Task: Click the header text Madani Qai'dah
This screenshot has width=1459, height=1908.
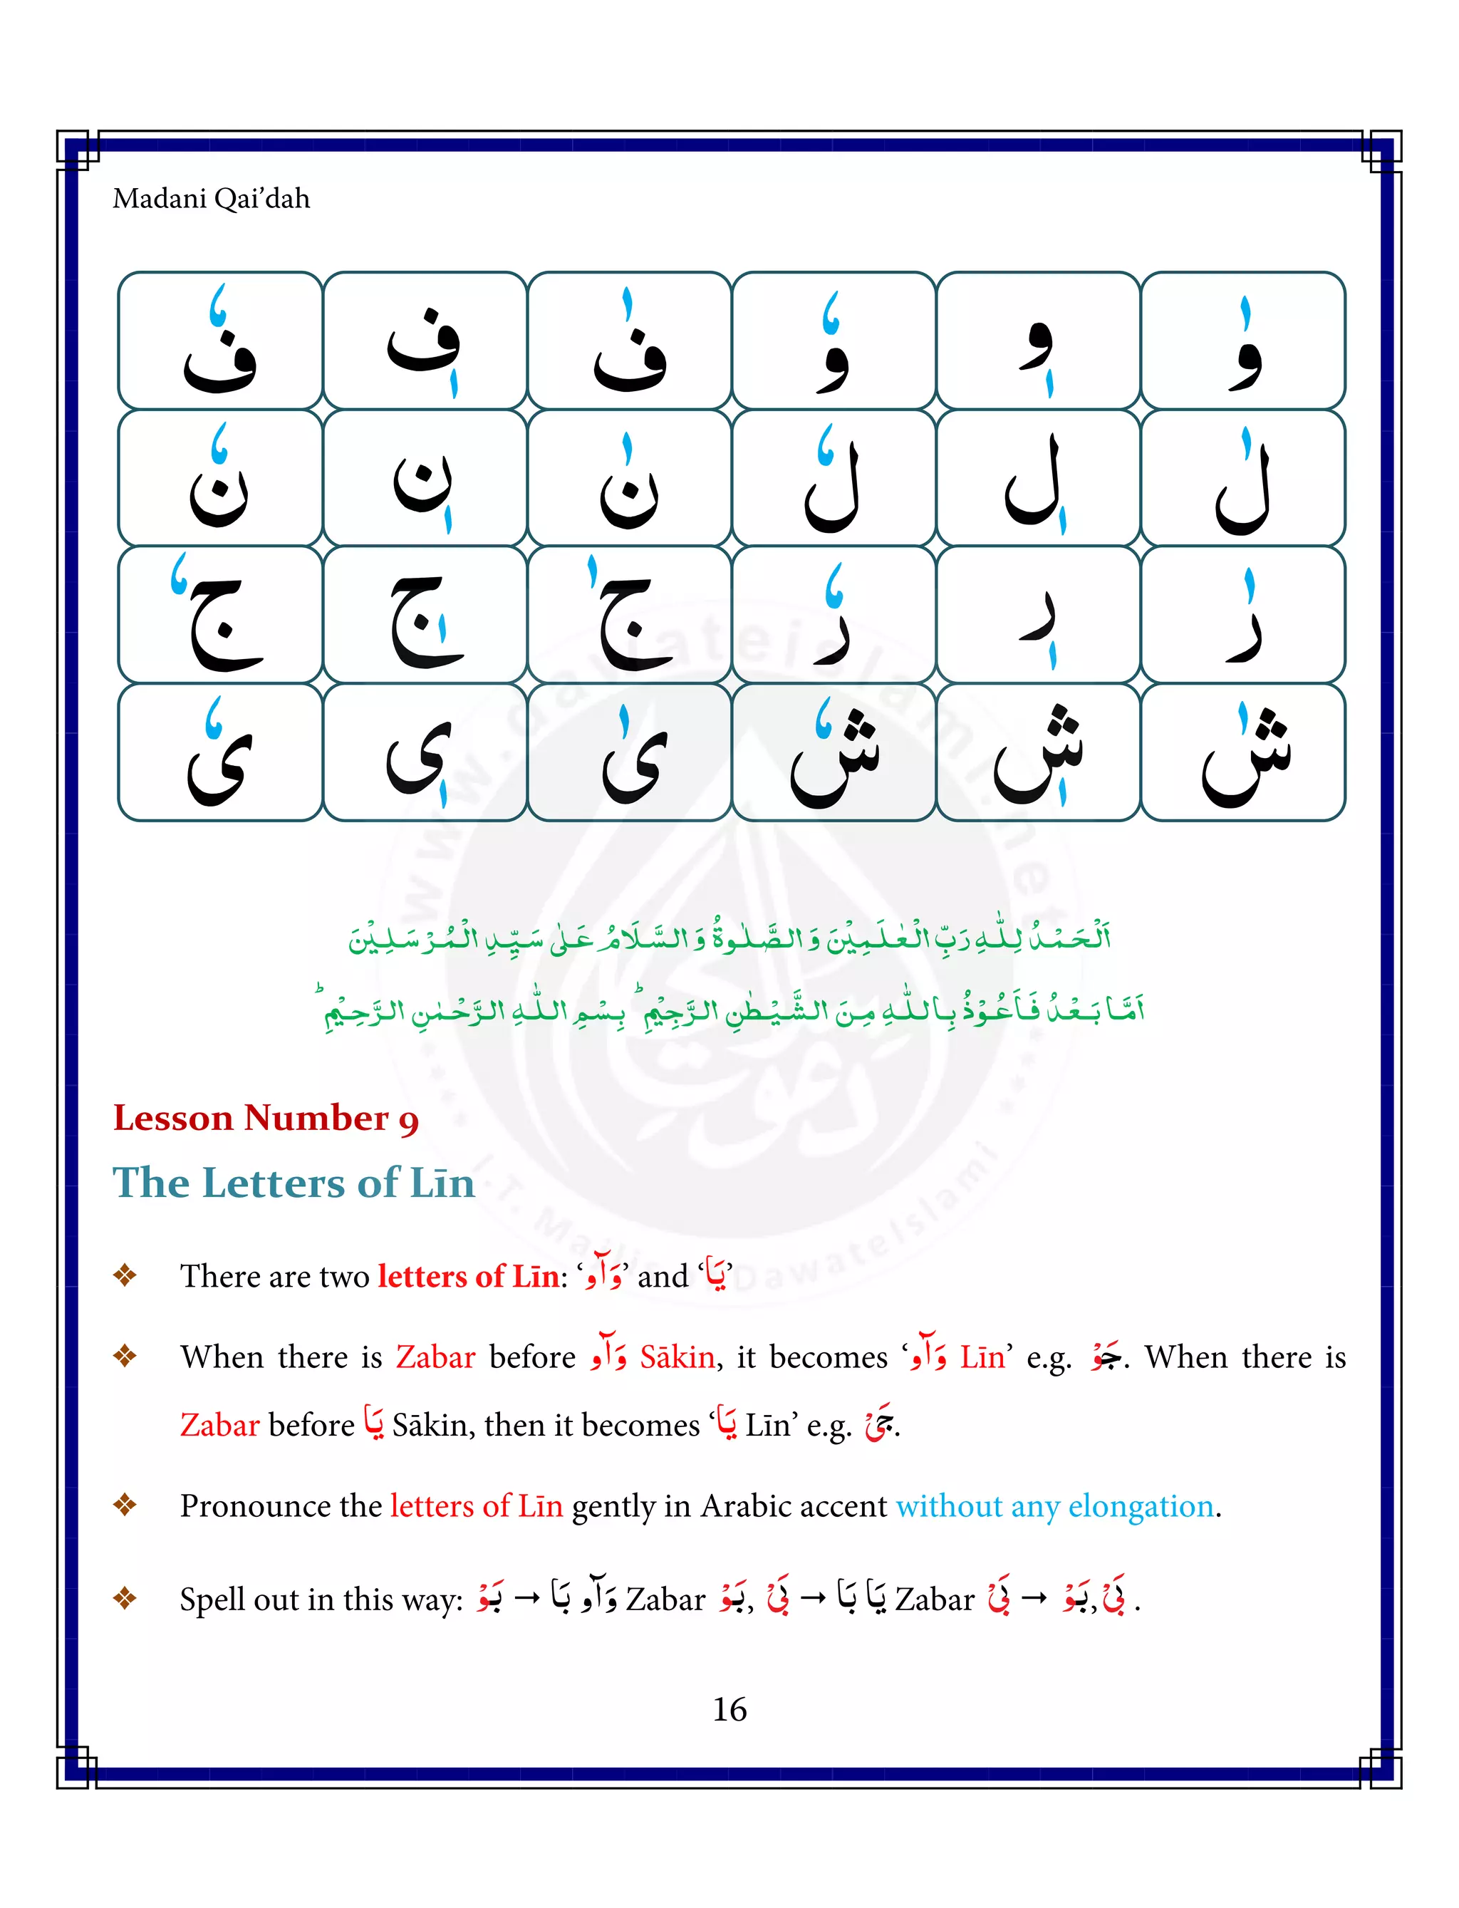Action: click(x=211, y=199)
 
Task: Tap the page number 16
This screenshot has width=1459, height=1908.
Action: click(x=729, y=1709)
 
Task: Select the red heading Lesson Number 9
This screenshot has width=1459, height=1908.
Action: click(x=266, y=1119)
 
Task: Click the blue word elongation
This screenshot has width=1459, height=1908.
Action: click(x=1141, y=1506)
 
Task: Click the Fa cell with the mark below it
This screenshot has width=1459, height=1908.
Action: click(x=425, y=341)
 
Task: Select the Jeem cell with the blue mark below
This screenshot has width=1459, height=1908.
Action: click(x=425, y=615)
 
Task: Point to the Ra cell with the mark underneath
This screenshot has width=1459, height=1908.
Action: click(x=1038, y=615)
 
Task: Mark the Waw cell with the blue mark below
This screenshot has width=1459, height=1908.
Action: click(x=1038, y=341)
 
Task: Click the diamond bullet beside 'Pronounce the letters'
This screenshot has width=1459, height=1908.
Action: click(x=125, y=1505)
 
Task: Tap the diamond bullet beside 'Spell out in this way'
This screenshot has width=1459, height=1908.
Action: click(x=125, y=1598)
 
